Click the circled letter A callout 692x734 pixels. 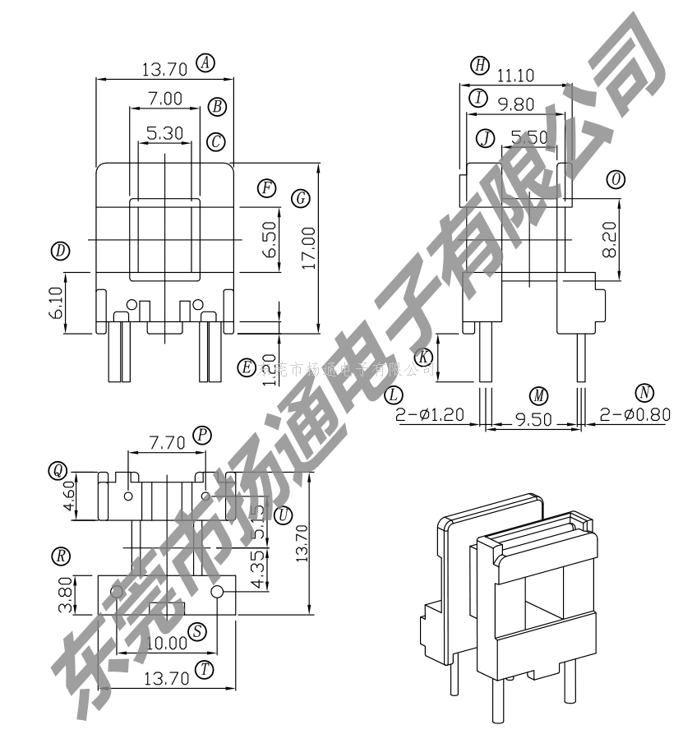[205, 63]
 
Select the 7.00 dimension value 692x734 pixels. [164, 99]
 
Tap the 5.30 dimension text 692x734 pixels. [164, 133]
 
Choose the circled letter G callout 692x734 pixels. [300, 198]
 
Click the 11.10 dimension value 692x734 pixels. [515, 76]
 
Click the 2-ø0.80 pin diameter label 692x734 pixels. [634, 415]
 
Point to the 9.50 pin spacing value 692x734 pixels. [534, 419]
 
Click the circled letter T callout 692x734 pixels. [205, 670]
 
